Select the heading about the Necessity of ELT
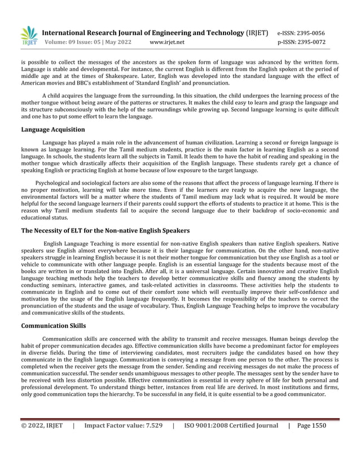pyautogui.click(x=105, y=231)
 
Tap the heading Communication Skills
pyautogui.click(x=53, y=326)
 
